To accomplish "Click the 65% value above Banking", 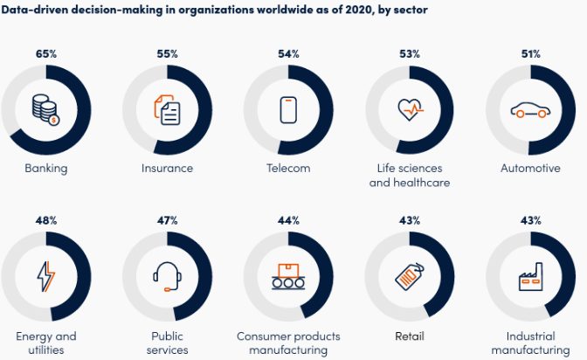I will [x=46, y=54].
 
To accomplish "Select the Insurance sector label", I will [x=168, y=168].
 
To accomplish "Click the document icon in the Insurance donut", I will [x=168, y=111].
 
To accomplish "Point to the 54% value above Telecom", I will [x=289, y=54].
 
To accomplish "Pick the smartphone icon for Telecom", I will [x=289, y=111].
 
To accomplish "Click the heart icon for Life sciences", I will [x=410, y=111].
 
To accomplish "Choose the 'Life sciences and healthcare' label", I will [x=410, y=176].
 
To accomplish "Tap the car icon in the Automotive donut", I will [x=530, y=111].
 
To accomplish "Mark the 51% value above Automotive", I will [x=531, y=54].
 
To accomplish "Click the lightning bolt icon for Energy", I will [x=46, y=277].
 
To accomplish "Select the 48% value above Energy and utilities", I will [x=46, y=220].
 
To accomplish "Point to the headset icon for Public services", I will [x=168, y=277].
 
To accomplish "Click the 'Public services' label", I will [x=168, y=343].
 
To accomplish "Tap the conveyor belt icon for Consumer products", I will [x=289, y=277].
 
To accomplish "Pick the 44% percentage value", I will [x=289, y=220].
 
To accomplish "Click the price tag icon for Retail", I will [x=410, y=277].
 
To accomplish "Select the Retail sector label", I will [x=410, y=336].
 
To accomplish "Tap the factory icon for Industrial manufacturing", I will [x=530, y=277].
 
